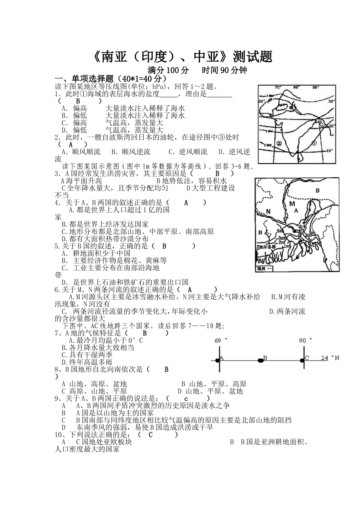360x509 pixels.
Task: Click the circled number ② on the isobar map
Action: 279,143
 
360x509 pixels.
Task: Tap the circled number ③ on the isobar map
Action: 314,143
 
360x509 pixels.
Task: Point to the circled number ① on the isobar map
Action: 321,124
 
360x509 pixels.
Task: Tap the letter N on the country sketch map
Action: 268,211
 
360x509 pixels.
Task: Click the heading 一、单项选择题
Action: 85,78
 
